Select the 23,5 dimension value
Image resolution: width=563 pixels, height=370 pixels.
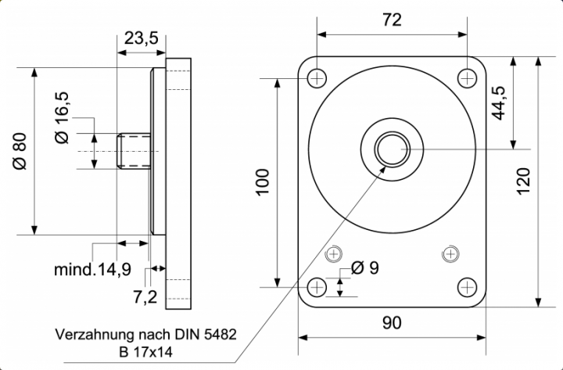coord(141,38)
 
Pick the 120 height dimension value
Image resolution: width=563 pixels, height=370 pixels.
coord(523,181)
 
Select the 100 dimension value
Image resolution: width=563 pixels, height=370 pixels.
coord(263,181)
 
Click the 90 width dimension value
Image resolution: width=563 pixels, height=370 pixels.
coord(392,322)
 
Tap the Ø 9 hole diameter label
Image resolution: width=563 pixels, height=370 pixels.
coord(365,268)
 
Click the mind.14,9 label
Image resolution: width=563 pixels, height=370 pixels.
coord(92,271)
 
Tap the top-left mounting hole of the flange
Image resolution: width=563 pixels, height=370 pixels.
coord(317,77)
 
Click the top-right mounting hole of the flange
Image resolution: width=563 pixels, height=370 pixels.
coord(467,77)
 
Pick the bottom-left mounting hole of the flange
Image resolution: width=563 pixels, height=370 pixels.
coord(317,286)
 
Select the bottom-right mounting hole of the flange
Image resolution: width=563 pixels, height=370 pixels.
coord(467,286)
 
